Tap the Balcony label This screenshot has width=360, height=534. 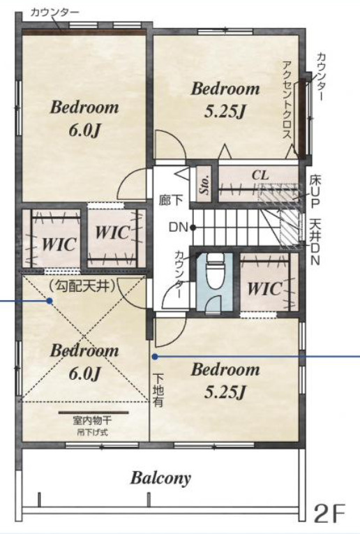point(160,478)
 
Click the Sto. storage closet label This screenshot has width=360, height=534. point(204,184)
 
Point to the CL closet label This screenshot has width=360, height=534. point(260,175)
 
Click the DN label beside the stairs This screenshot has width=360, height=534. point(179,227)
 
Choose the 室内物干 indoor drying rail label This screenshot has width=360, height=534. point(92,422)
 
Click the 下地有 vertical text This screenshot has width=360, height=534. point(158,390)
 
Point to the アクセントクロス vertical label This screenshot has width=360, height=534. point(287,99)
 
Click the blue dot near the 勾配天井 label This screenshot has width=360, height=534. point(50,301)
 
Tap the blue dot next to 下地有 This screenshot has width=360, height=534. point(155,357)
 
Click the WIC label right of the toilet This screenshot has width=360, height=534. point(264,288)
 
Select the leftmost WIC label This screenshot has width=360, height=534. point(59,244)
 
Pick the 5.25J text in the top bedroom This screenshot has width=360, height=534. point(225,111)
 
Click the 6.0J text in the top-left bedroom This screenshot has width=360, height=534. point(84,130)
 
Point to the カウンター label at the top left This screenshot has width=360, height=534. point(55,13)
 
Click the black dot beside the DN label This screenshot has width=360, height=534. point(193,227)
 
